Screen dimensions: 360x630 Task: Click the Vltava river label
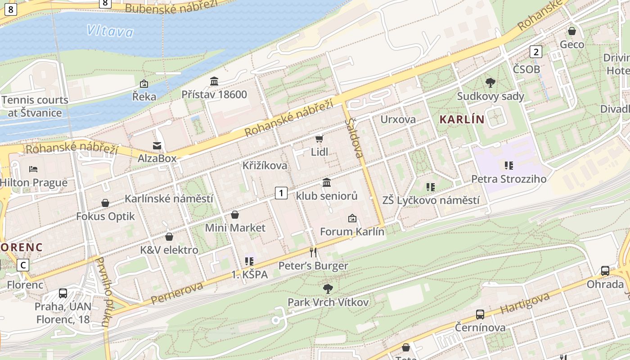pos(110,31)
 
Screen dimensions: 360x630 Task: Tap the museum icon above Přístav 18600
pos(214,81)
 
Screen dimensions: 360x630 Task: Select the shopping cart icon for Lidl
pos(319,139)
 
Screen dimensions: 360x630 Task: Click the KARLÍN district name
pos(462,119)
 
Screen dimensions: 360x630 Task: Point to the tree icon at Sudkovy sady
pos(490,83)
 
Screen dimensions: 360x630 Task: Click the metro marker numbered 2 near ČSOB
pos(535,52)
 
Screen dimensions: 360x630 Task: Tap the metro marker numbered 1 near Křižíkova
pos(281,193)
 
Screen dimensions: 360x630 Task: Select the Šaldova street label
pos(354,138)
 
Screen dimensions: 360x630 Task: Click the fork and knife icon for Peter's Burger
pos(314,252)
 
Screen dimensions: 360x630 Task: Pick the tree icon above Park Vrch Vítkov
pos(328,288)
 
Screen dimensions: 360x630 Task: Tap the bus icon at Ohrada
pos(605,271)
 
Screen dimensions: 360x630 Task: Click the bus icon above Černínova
pos(480,314)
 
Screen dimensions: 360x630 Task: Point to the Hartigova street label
pos(525,304)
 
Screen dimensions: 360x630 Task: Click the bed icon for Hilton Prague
pos(33,169)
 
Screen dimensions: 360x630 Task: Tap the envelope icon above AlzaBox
pos(157,145)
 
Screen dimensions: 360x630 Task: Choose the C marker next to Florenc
pos(23,265)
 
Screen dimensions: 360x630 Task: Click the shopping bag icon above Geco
pos(572,31)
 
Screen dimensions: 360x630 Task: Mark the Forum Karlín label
pos(352,232)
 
